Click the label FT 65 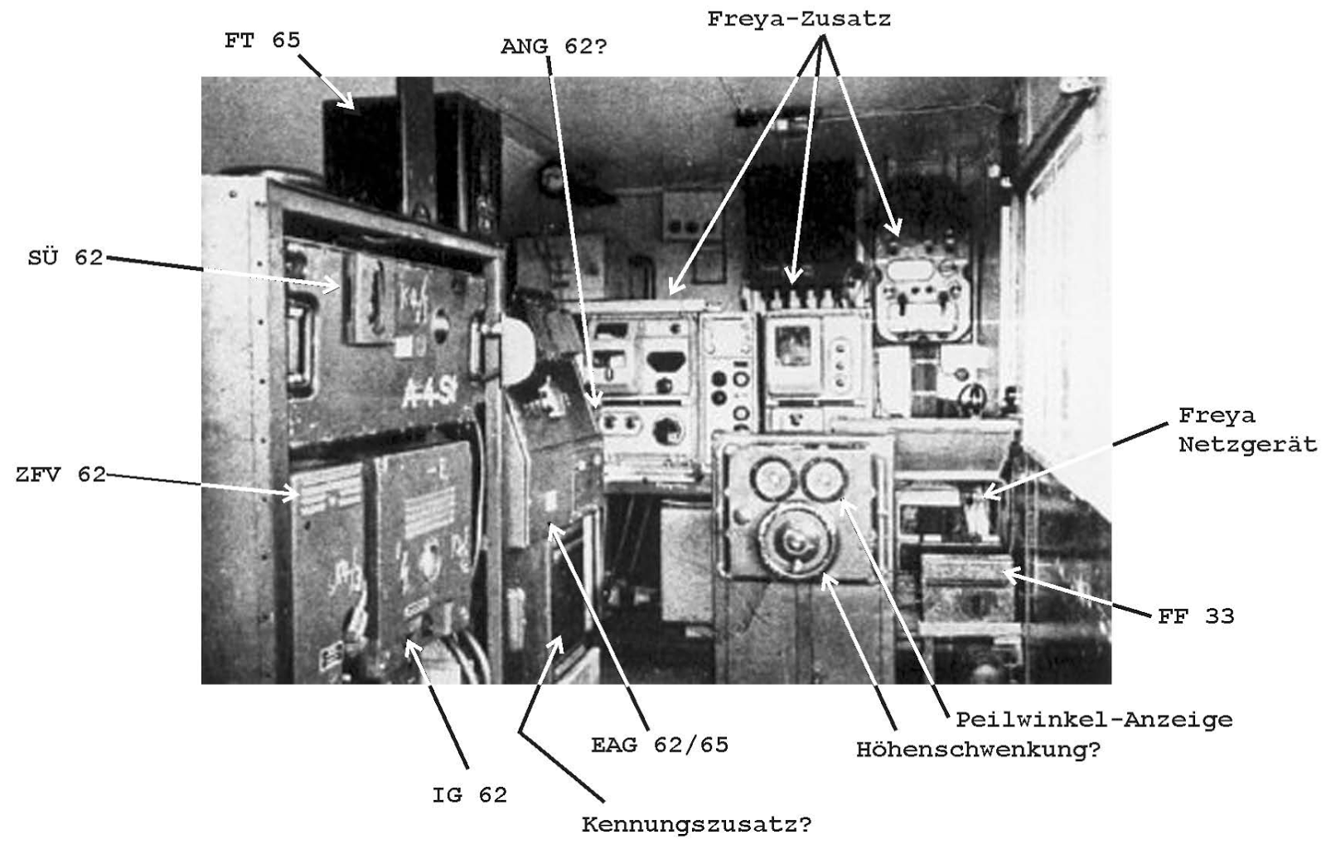click(262, 40)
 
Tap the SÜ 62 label click(66, 258)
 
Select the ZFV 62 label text click(60, 475)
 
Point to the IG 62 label click(469, 795)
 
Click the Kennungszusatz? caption click(696, 825)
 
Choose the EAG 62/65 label click(660, 745)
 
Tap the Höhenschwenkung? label click(978, 750)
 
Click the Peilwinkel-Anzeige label click(1094, 720)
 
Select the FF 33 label click(1196, 616)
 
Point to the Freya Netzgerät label click(1247, 430)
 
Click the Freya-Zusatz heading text click(799, 19)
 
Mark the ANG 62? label click(554, 46)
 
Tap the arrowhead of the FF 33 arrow click(1004, 572)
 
